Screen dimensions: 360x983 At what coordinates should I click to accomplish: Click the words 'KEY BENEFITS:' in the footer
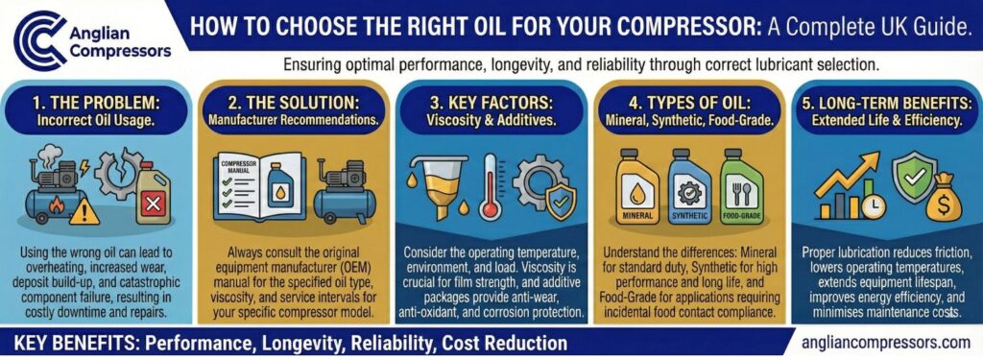click(73, 342)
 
